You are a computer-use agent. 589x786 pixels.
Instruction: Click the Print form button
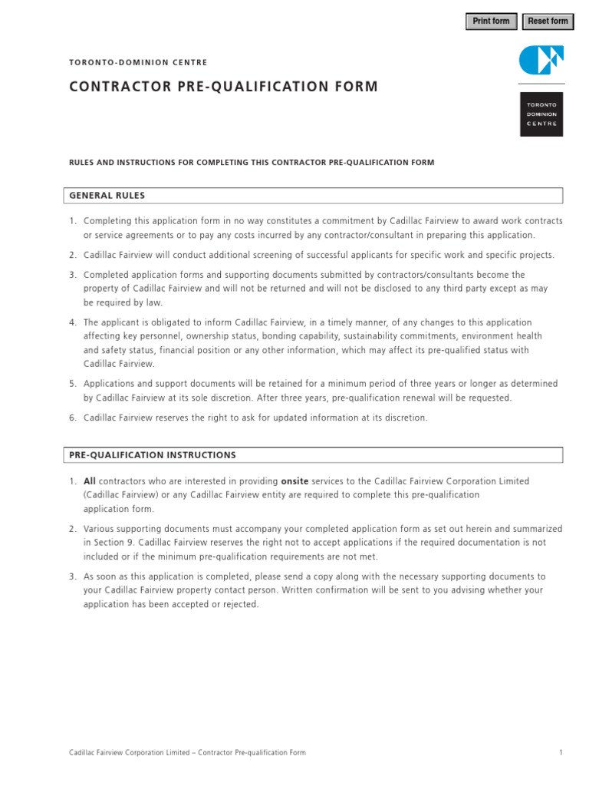pyautogui.click(x=491, y=21)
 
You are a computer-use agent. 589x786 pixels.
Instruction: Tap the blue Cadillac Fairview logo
pyautogui.click(x=541, y=60)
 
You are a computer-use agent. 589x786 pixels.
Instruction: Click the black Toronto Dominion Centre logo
pyautogui.click(x=541, y=114)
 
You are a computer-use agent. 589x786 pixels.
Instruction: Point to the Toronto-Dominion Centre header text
pyautogui.click(x=138, y=62)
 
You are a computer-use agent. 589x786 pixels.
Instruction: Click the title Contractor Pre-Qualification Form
pyautogui.click(x=223, y=87)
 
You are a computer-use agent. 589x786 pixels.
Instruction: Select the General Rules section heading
pyautogui.click(x=107, y=196)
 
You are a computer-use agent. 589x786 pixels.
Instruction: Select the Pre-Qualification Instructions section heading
pyautogui.click(x=153, y=455)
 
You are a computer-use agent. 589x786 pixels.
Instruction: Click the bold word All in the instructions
pyautogui.click(x=90, y=481)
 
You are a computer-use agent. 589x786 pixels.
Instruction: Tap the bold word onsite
pyautogui.click(x=295, y=481)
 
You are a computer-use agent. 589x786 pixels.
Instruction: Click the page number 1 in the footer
pyautogui.click(x=561, y=753)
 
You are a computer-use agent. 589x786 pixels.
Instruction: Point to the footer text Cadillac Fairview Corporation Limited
pyautogui.click(x=130, y=753)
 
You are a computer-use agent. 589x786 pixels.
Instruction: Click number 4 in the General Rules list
pyautogui.click(x=73, y=323)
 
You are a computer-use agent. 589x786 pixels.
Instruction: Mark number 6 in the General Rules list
pyautogui.click(x=73, y=418)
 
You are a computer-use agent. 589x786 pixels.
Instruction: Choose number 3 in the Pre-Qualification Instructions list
pyautogui.click(x=73, y=577)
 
